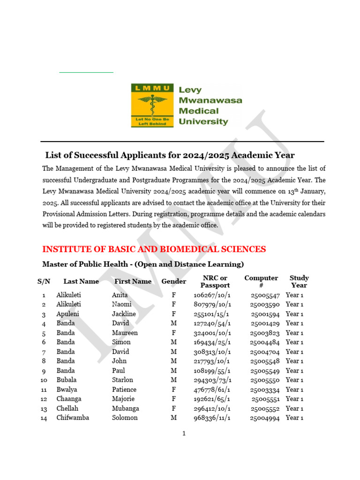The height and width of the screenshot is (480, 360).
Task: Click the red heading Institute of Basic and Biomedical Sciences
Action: click(x=154, y=249)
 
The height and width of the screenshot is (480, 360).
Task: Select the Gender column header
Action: click(x=173, y=282)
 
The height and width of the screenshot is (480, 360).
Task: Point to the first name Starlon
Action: click(x=122, y=380)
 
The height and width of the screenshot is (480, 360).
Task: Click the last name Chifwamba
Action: click(x=73, y=418)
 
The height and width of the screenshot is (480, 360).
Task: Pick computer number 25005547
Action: click(x=264, y=295)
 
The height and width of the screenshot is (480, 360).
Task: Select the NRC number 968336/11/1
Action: click(x=212, y=418)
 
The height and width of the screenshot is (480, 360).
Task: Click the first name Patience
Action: click(x=124, y=390)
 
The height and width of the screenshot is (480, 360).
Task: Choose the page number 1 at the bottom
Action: click(x=184, y=434)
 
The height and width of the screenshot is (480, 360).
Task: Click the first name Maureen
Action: click(x=125, y=333)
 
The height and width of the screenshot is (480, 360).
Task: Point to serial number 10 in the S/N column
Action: click(x=44, y=380)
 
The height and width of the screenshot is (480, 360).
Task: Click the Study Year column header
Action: click(x=299, y=282)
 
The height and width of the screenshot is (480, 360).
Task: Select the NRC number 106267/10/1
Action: click(x=212, y=295)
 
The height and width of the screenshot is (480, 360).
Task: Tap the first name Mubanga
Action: click(x=125, y=408)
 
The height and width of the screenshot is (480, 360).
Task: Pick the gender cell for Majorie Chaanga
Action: click(x=173, y=399)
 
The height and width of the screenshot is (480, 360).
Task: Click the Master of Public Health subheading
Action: click(x=143, y=264)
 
